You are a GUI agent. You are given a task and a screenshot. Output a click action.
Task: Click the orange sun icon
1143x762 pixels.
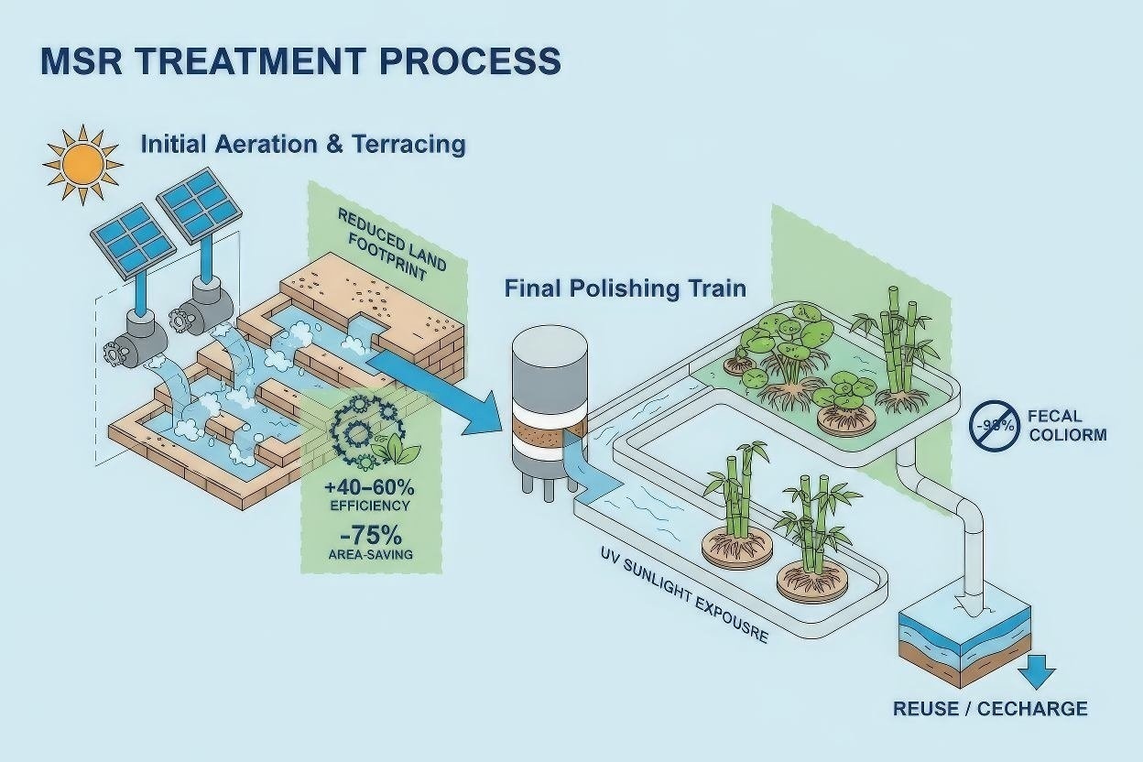pyautogui.click(x=82, y=165)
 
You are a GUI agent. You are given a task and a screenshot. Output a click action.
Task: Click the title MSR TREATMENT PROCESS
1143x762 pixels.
pyautogui.click(x=300, y=60)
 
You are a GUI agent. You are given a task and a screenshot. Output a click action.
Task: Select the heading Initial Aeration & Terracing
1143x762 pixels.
pyautogui.click(x=302, y=145)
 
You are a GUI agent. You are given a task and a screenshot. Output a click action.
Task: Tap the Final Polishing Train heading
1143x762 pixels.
pyautogui.click(x=626, y=288)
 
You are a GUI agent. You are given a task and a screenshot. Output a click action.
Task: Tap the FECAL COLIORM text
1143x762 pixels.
pyautogui.click(x=1067, y=425)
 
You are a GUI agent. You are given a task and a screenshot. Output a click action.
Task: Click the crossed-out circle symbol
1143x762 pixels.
pyautogui.click(x=994, y=424)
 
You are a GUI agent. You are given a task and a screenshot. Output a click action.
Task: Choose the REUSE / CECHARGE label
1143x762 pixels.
pyautogui.click(x=990, y=709)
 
